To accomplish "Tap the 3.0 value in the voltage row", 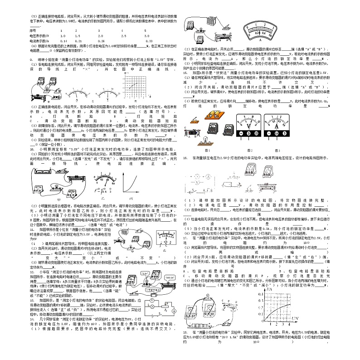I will pyautogui.click(x=146, y=35).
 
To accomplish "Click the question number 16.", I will pyautogui.click(x=185, y=158).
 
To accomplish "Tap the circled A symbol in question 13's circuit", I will pyautogui.click(x=174, y=312).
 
